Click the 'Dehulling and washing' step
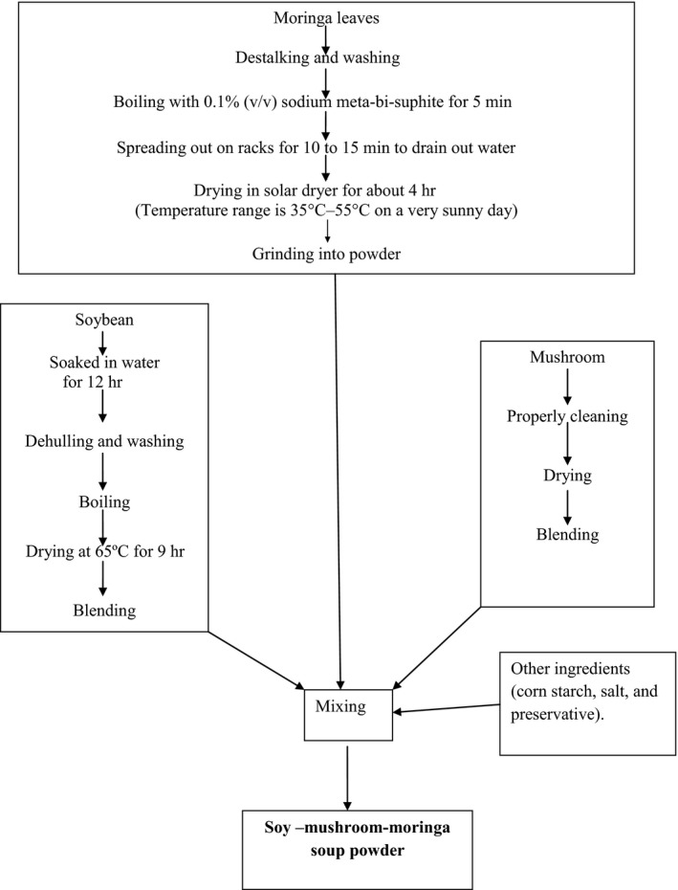[x=102, y=442]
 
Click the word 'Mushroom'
[x=566, y=358]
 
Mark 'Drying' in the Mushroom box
[x=568, y=475]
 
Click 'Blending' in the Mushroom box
[x=568, y=534]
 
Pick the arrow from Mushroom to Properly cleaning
[x=566, y=387]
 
